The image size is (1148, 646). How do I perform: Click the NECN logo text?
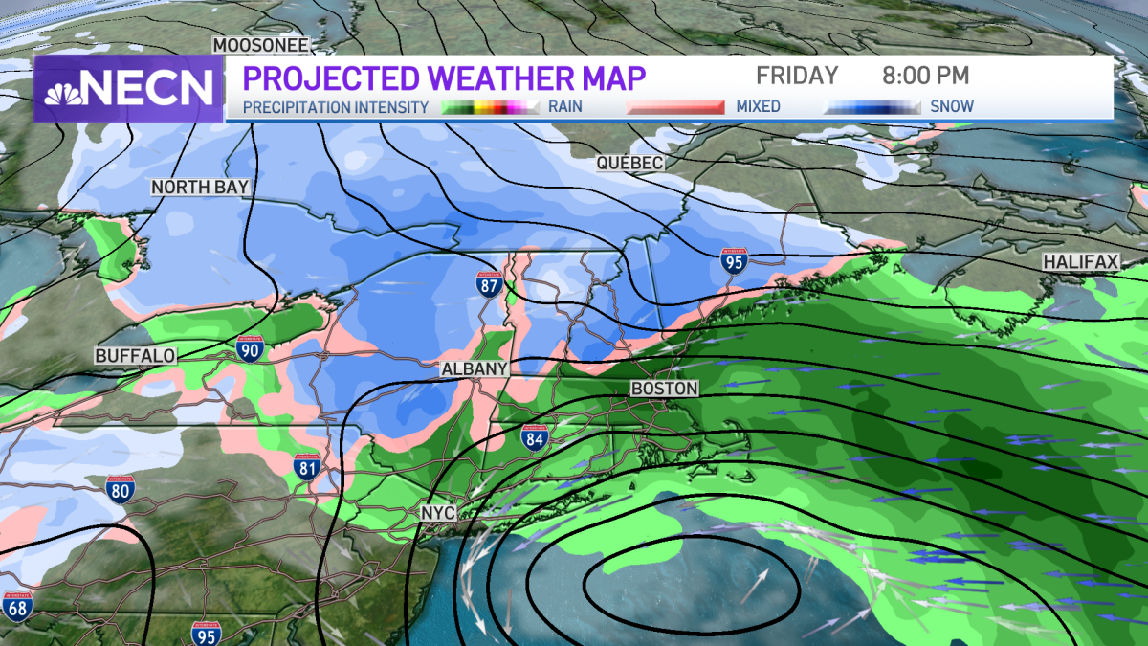[148, 89]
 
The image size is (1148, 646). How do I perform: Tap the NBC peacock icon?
[63, 89]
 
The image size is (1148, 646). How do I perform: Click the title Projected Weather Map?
[444, 77]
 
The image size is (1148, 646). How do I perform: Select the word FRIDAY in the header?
[797, 76]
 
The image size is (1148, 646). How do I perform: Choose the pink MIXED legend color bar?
[675, 107]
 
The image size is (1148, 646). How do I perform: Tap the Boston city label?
[664, 389]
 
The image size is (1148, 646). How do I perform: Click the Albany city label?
[474, 369]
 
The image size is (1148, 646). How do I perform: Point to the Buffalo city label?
[136, 356]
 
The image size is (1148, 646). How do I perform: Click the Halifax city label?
[1080, 261]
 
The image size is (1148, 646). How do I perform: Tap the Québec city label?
[629, 164]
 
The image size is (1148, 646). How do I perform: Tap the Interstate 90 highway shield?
[251, 349]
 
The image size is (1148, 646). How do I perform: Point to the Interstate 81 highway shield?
[307, 468]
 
